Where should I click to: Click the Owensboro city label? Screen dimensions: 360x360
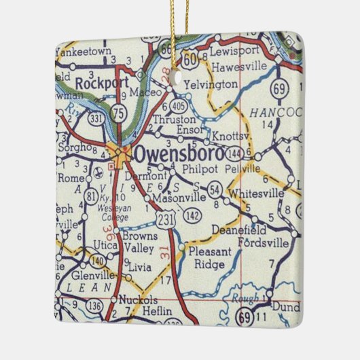coord(177,154)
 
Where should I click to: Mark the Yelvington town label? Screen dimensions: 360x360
coord(213,86)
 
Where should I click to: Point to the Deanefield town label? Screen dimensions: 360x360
coord(265,229)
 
